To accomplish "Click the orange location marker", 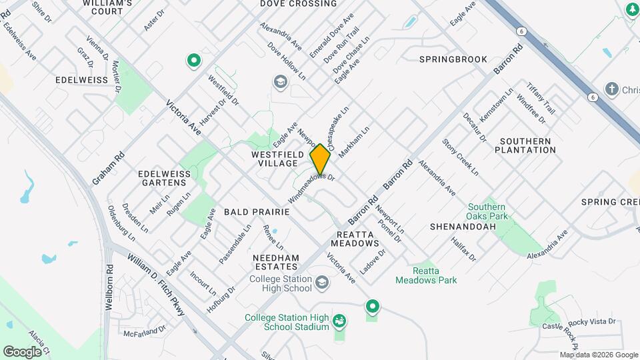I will tap(321, 159).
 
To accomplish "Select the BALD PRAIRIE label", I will tap(257, 211).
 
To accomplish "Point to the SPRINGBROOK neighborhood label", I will tap(453, 59).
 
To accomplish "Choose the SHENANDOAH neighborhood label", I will tap(463, 227).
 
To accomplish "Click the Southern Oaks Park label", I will tap(487, 211).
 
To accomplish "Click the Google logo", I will tap(22, 351).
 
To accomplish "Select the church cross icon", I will tap(611, 89).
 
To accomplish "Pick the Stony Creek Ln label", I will tap(461, 157).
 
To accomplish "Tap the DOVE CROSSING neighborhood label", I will tap(299, 4).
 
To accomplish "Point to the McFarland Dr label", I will tap(145, 331).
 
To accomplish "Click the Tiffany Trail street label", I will tap(541, 99).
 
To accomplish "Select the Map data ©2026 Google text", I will tap(599, 355).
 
